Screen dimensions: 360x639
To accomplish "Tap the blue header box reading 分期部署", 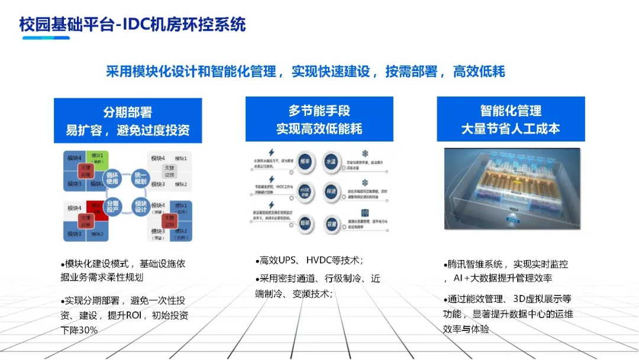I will point(128,121).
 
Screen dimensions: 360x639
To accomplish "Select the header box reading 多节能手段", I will point(319,119).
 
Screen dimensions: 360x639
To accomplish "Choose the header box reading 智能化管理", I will point(511,119).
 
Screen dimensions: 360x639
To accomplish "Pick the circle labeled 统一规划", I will point(140,178).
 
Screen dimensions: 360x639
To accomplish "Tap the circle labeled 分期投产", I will point(116,206).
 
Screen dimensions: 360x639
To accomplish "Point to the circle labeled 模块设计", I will point(141,206).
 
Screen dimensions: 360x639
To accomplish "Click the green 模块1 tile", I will point(97,159).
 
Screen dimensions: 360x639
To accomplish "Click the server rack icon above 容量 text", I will point(365,212).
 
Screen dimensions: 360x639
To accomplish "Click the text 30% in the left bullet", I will point(86,330).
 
